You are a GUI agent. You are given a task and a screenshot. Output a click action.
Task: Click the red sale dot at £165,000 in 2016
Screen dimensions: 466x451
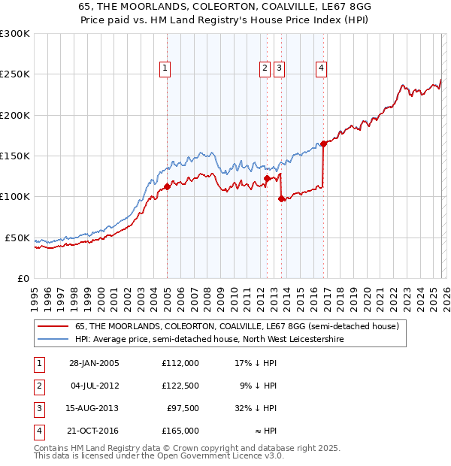coord(323,144)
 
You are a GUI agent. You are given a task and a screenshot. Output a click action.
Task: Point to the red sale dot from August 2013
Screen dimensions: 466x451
coord(281,198)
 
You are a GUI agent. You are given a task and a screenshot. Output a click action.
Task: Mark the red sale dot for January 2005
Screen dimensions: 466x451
coord(167,187)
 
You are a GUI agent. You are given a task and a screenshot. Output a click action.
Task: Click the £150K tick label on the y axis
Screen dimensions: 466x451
coord(15,156)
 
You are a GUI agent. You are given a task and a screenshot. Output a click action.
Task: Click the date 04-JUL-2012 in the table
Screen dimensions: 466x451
coord(94,386)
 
